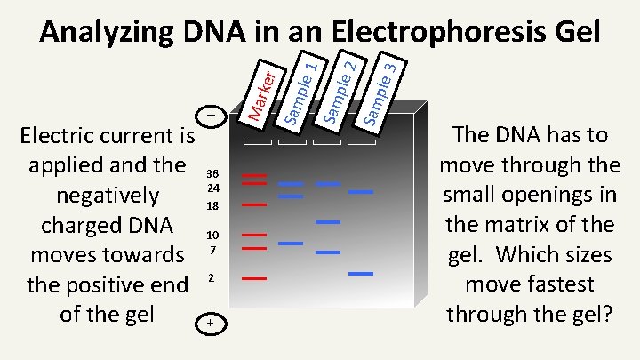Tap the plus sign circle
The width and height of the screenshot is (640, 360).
[211, 323]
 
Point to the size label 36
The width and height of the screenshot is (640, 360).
[212, 173]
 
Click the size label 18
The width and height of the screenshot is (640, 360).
[212, 205]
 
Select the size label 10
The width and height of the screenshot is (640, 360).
[212, 235]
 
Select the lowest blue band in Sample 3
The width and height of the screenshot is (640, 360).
[361, 273]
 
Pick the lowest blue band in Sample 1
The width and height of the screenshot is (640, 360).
[291, 243]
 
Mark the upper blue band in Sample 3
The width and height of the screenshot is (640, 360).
[361, 191]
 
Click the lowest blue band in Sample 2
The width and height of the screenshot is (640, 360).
[328, 252]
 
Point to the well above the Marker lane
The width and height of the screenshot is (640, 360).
[256, 142]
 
